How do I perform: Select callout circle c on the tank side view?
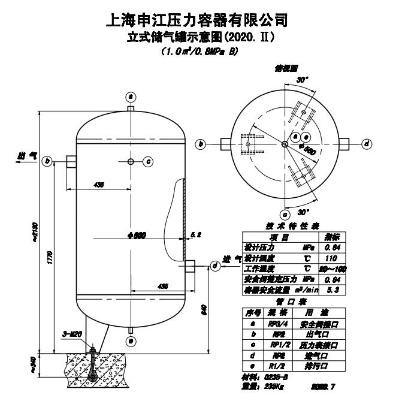tap(149, 161)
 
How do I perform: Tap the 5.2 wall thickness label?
tap(196, 234)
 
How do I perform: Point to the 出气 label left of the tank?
tap(28, 156)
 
